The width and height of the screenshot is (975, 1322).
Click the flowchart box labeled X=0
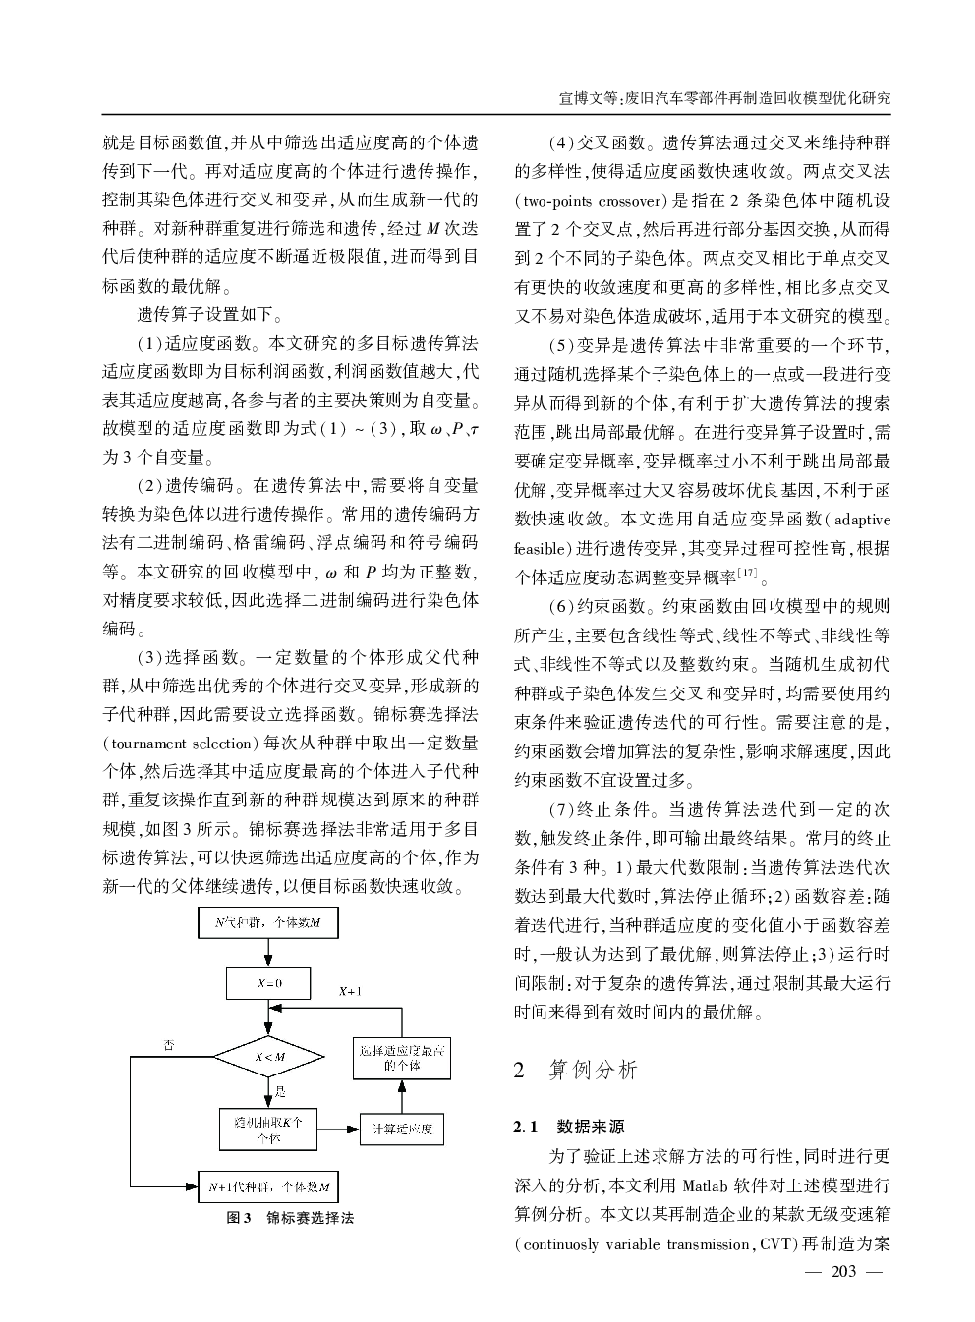pyautogui.click(x=268, y=983)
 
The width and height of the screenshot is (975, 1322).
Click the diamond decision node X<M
pyautogui.click(x=269, y=1057)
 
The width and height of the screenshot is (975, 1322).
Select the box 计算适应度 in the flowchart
pyautogui.click(x=402, y=1129)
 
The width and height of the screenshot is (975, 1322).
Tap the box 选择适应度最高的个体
pyautogui.click(x=402, y=1058)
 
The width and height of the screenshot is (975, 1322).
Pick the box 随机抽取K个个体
pyautogui.click(x=268, y=1129)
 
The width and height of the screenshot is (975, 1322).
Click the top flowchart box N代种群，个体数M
pyautogui.click(x=268, y=923)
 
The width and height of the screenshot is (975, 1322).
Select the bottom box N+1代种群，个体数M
pyautogui.click(x=268, y=1186)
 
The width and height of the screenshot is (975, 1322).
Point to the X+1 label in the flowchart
pyautogui.click(x=350, y=992)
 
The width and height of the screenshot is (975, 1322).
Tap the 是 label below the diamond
pyautogui.click(x=280, y=1091)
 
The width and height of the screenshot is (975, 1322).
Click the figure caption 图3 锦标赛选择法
pyautogui.click(x=290, y=1218)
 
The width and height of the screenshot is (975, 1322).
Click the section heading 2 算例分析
pyautogui.click(x=576, y=1070)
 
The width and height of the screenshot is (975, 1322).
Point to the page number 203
pyautogui.click(x=844, y=1273)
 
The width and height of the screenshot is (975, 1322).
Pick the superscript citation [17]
pyautogui.click(x=747, y=571)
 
